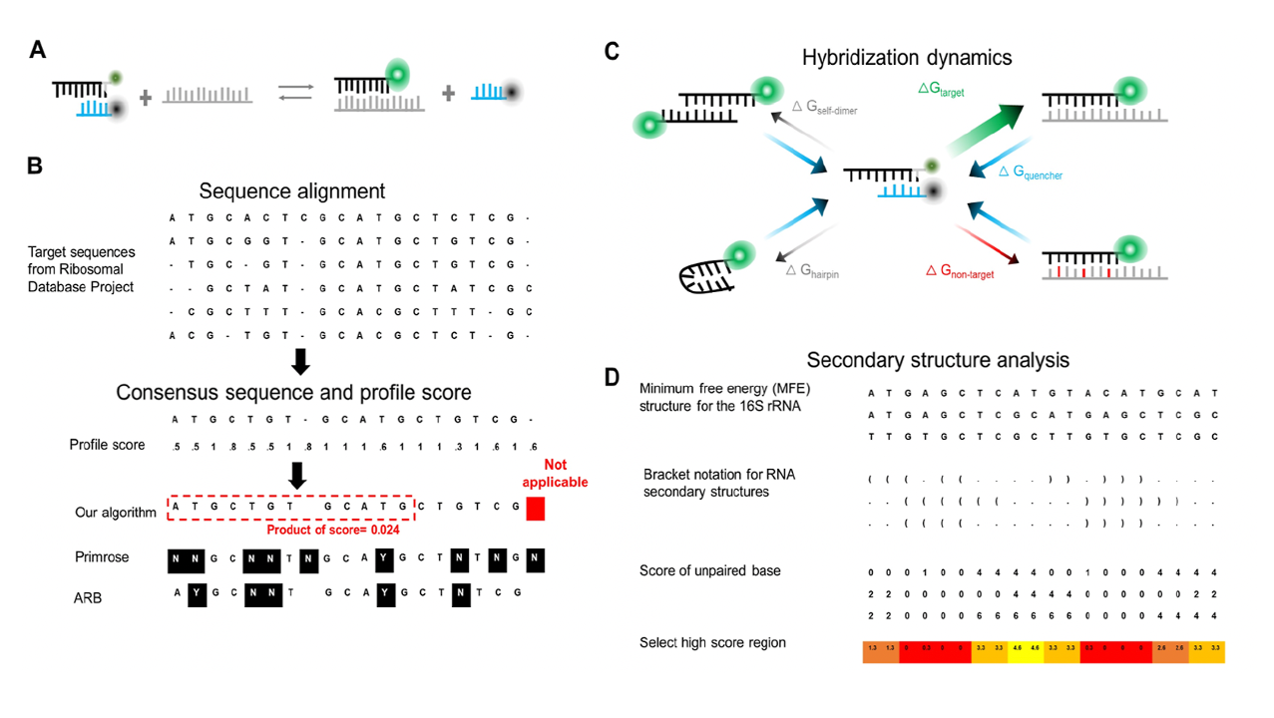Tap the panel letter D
[616, 376]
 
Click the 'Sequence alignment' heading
[291, 190]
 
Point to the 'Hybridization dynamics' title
[906, 58]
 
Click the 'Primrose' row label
[102, 557]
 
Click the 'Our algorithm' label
[116, 513]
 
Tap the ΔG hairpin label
[812, 270]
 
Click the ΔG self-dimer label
[824, 109]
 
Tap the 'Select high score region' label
[712, 642]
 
